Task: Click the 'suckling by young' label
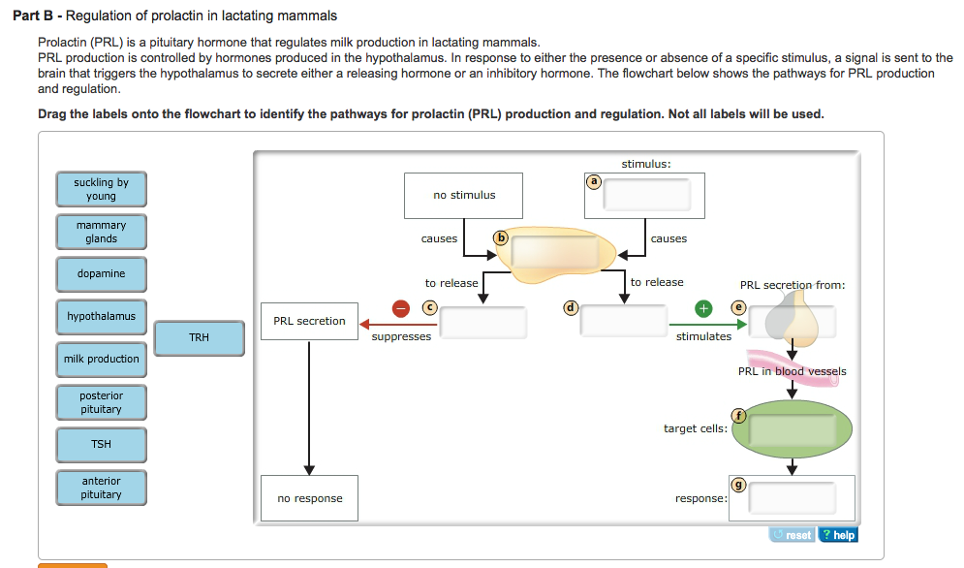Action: [101, 189]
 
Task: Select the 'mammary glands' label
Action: [101, 232]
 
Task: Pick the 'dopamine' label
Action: [101, 274]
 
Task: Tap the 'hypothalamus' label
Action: [101, 317]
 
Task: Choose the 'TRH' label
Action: [199, 338]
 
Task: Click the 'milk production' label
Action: [101, 360]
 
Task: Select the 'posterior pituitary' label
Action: [101, 402]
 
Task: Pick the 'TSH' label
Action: [101, 445]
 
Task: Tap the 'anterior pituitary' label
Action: [101, 488]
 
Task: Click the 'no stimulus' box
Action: [464, 196]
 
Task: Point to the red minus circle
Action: [401, 308]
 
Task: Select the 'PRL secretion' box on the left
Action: [309, 322]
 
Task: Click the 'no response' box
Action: [309, 499]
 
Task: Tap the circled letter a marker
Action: [595, 180]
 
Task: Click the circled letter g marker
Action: [736, 484]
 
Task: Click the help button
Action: [838, 535]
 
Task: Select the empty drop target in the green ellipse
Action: [792, 430]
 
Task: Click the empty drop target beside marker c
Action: [483, 322]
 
